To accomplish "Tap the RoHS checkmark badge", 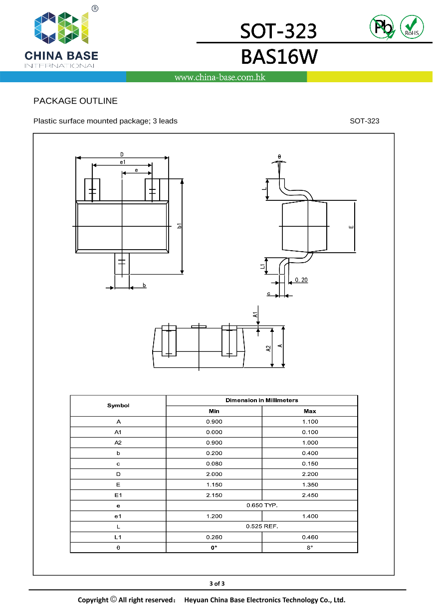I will click(412, 26).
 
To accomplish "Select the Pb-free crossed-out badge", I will click(382, 26).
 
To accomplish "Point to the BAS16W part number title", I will click(278, 57).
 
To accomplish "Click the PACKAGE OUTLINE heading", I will click(75, 101).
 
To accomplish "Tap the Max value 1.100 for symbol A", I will click(310, 422).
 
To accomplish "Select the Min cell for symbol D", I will click(214, 474).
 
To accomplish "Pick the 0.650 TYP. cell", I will click(262, 505).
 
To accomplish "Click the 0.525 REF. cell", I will click(262, 526).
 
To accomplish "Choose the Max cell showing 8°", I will click(310, 547).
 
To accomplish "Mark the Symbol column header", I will click(118, 406).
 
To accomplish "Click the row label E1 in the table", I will click(118, 495).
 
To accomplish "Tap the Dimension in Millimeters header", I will click(262, 400).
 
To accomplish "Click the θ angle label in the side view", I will click(279, 157).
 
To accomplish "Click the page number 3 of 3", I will click(216, 584).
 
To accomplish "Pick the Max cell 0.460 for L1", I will click(310, 537).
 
